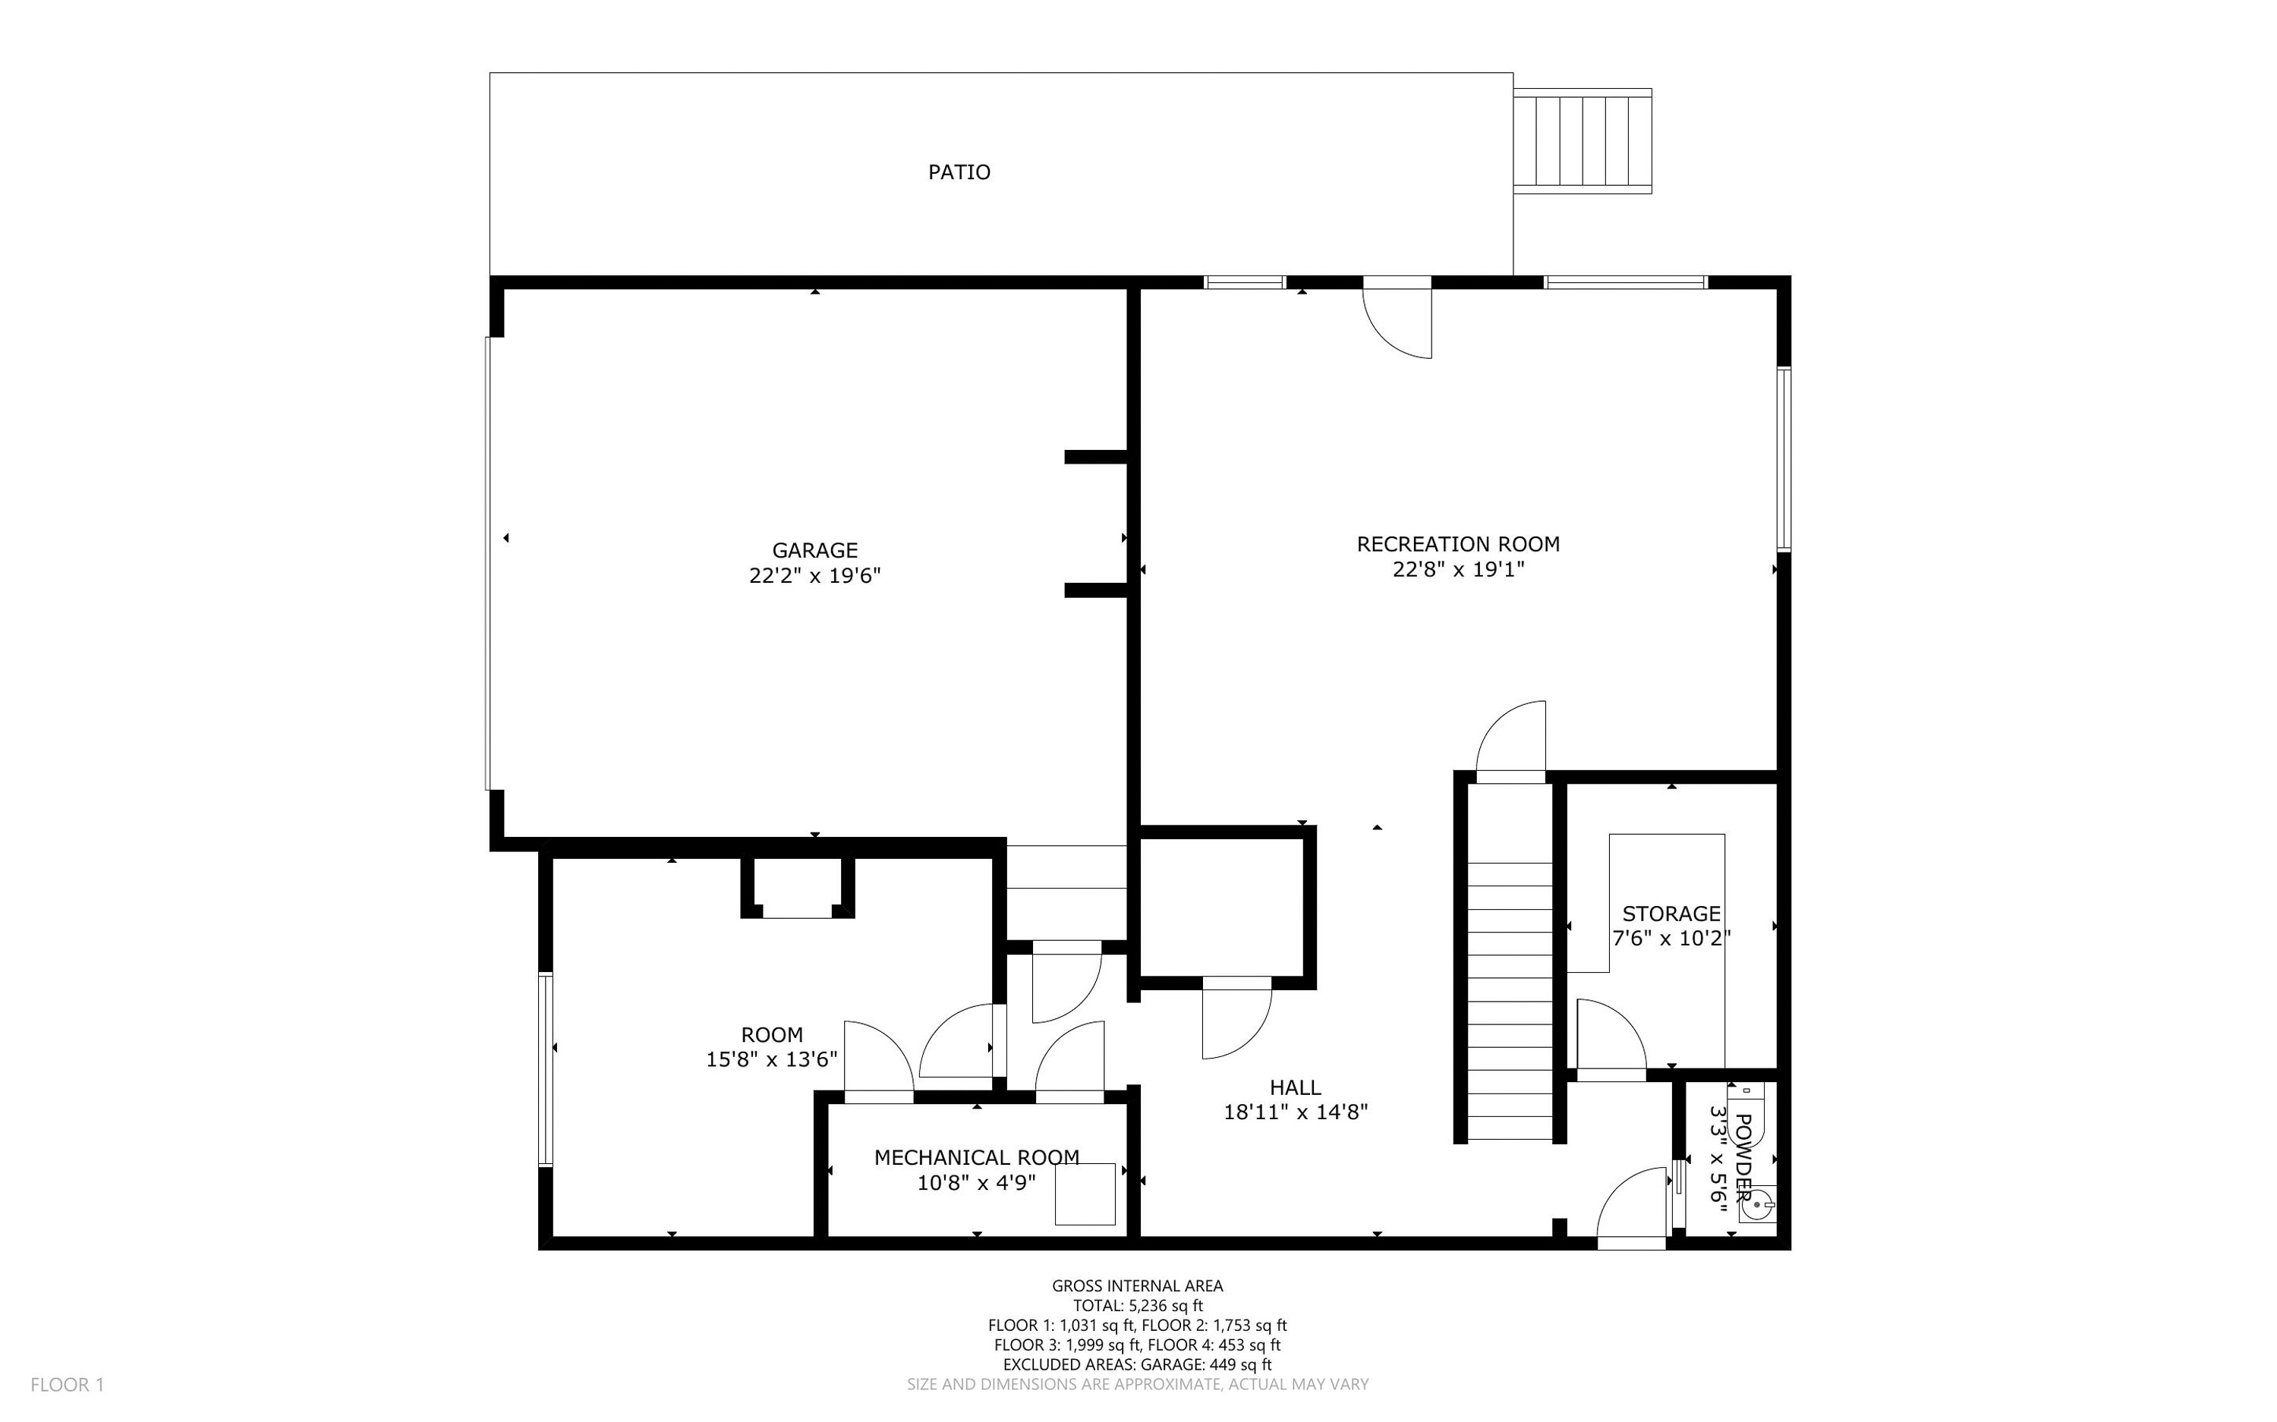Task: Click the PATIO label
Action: tap(959, 172)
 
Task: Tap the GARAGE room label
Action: tap(814, 550)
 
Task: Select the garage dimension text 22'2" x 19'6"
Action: tap(814, 576)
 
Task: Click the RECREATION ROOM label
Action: tap(1458, 543)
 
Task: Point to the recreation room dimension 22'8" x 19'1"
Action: tap(1458, 569)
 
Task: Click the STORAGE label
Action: tap(1671, 913)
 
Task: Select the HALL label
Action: tap(1295, 1087)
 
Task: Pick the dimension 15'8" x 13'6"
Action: tap(771, 1060)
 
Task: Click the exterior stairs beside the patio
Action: tap(1583, 141)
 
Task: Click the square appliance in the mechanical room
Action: tap(1085, 1194)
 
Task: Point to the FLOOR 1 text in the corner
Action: tap(67, 1384)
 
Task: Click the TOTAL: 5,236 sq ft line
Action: tap(1137, 1305)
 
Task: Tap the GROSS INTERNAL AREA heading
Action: tap(1137, 1285)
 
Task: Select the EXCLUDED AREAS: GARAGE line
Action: tap(1137, 1364)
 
